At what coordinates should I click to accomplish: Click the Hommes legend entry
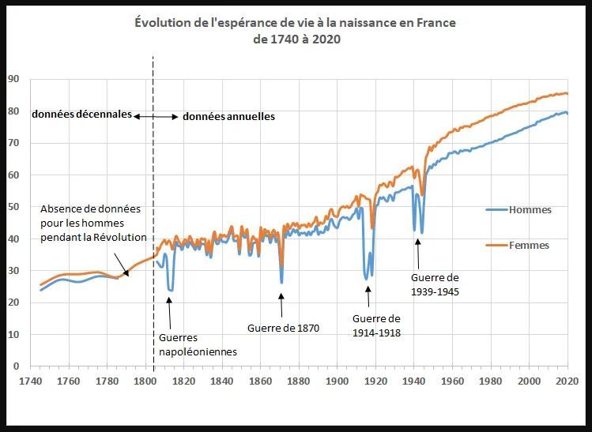coord(530,210)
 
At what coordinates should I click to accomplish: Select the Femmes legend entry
coord(529,246)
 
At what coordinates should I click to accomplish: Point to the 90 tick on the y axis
coord(13,79)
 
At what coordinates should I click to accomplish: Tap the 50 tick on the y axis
coord(13,207)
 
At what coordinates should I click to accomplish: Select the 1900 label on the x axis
coord(337,381)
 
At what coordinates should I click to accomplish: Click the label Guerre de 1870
coord(283,329)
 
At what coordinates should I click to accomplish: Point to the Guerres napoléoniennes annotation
coord(192,344)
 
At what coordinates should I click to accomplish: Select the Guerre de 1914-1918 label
coord(375,325)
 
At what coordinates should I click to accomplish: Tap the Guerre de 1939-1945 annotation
coord(435,284)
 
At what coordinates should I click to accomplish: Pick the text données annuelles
coord(228,116)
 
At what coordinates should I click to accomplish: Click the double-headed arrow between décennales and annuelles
coord(156,116)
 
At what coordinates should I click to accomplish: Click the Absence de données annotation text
coord(93,223)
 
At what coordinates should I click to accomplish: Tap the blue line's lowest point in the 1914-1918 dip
coord(366,279)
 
